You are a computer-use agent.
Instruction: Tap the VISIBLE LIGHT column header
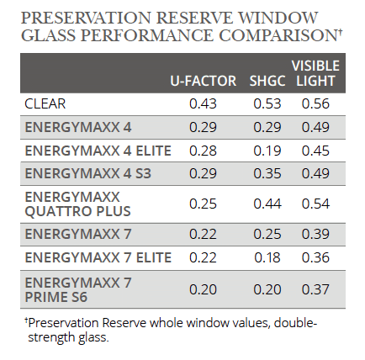315,73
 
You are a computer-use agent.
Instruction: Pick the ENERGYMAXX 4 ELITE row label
98,150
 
